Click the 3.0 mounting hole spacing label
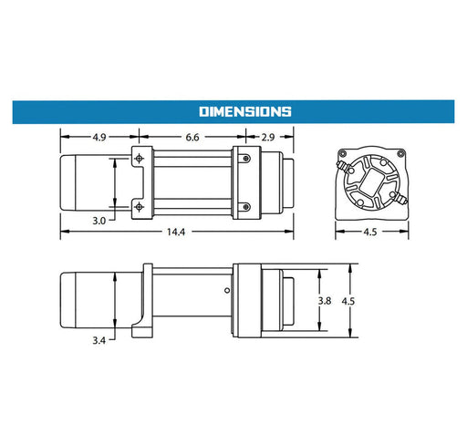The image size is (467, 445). [99, 220]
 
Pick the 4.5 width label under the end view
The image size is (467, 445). [369, 232]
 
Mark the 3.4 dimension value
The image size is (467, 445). [99, 341]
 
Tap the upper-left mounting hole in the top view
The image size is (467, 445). [139, 159]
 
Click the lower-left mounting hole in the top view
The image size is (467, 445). [139, 205]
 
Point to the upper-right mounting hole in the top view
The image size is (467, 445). [244, 159]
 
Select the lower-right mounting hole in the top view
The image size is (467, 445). [244, 205]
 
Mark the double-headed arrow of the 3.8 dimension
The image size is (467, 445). [318, 301]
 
